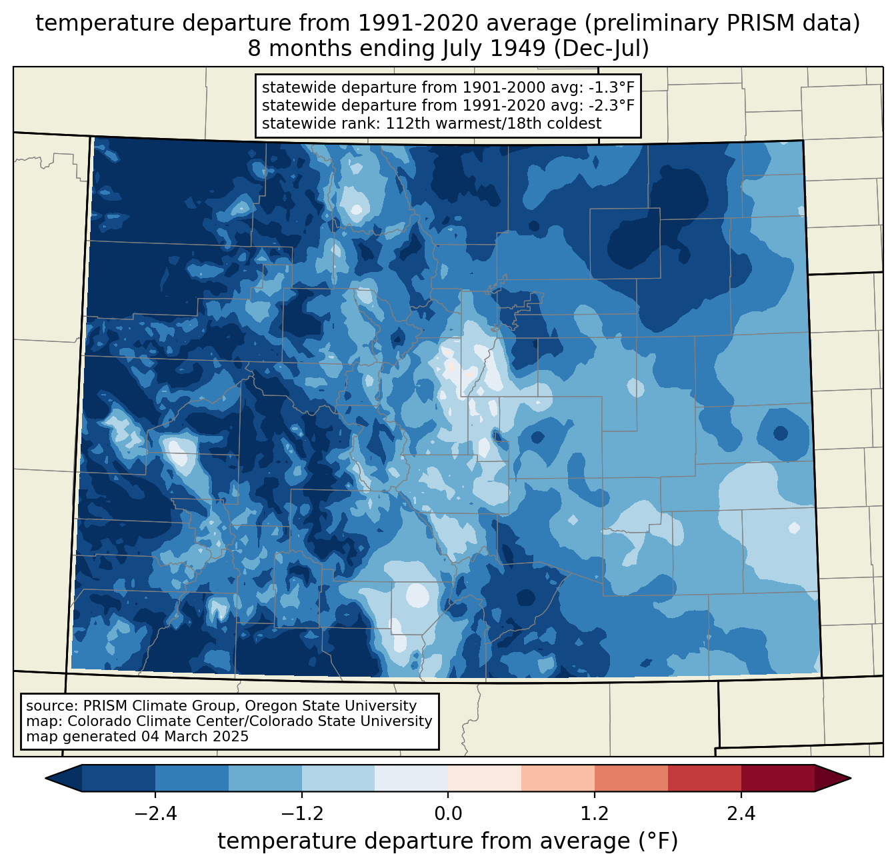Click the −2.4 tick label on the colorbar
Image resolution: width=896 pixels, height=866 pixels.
point(155,814)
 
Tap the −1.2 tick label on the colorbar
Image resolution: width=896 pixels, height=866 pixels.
point(301,814)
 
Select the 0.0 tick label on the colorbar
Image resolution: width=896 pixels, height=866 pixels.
point(448,814)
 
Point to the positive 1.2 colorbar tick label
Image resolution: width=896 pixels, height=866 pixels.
point(595,814)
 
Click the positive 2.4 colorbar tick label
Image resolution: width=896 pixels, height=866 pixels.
point(741,814)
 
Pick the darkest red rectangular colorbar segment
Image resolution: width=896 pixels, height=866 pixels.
point(777,778)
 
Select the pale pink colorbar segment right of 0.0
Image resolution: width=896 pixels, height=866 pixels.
point(485,778)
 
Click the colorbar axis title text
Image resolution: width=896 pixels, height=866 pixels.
point(447,841)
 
